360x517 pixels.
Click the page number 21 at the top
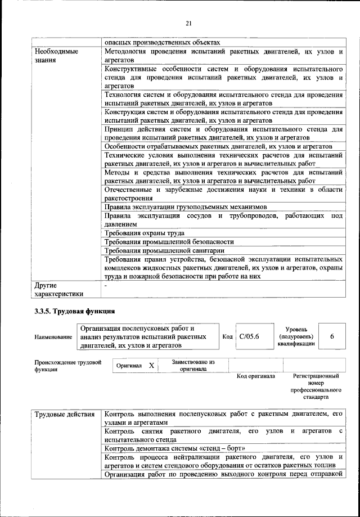pyautogui.click(x=188, y=23)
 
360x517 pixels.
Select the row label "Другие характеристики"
pyautogui.click(x=58, y=289)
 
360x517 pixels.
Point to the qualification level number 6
pyautogui.click(x=332, y=336)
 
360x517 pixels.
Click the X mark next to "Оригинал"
pyautogui.click(x=151, y=365)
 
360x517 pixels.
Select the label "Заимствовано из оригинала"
pyautogui.click(x=192, y=365)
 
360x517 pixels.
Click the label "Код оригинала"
pyautogui.click(x=255, y=376)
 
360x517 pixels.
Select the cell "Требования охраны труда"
pyautogui.click(x=145, y=232)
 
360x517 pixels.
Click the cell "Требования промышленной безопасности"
pyautogui.click(x=169, y=241)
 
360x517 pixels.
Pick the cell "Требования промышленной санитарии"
pyautogui.click(x=165, y=250)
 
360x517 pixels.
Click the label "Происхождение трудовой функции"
pyautogui.click(x=67, y=366)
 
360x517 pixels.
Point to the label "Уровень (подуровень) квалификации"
pyautogui.click(x=296, y=336)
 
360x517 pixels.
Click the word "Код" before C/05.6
pyautogui.click(x=227, y=336)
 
